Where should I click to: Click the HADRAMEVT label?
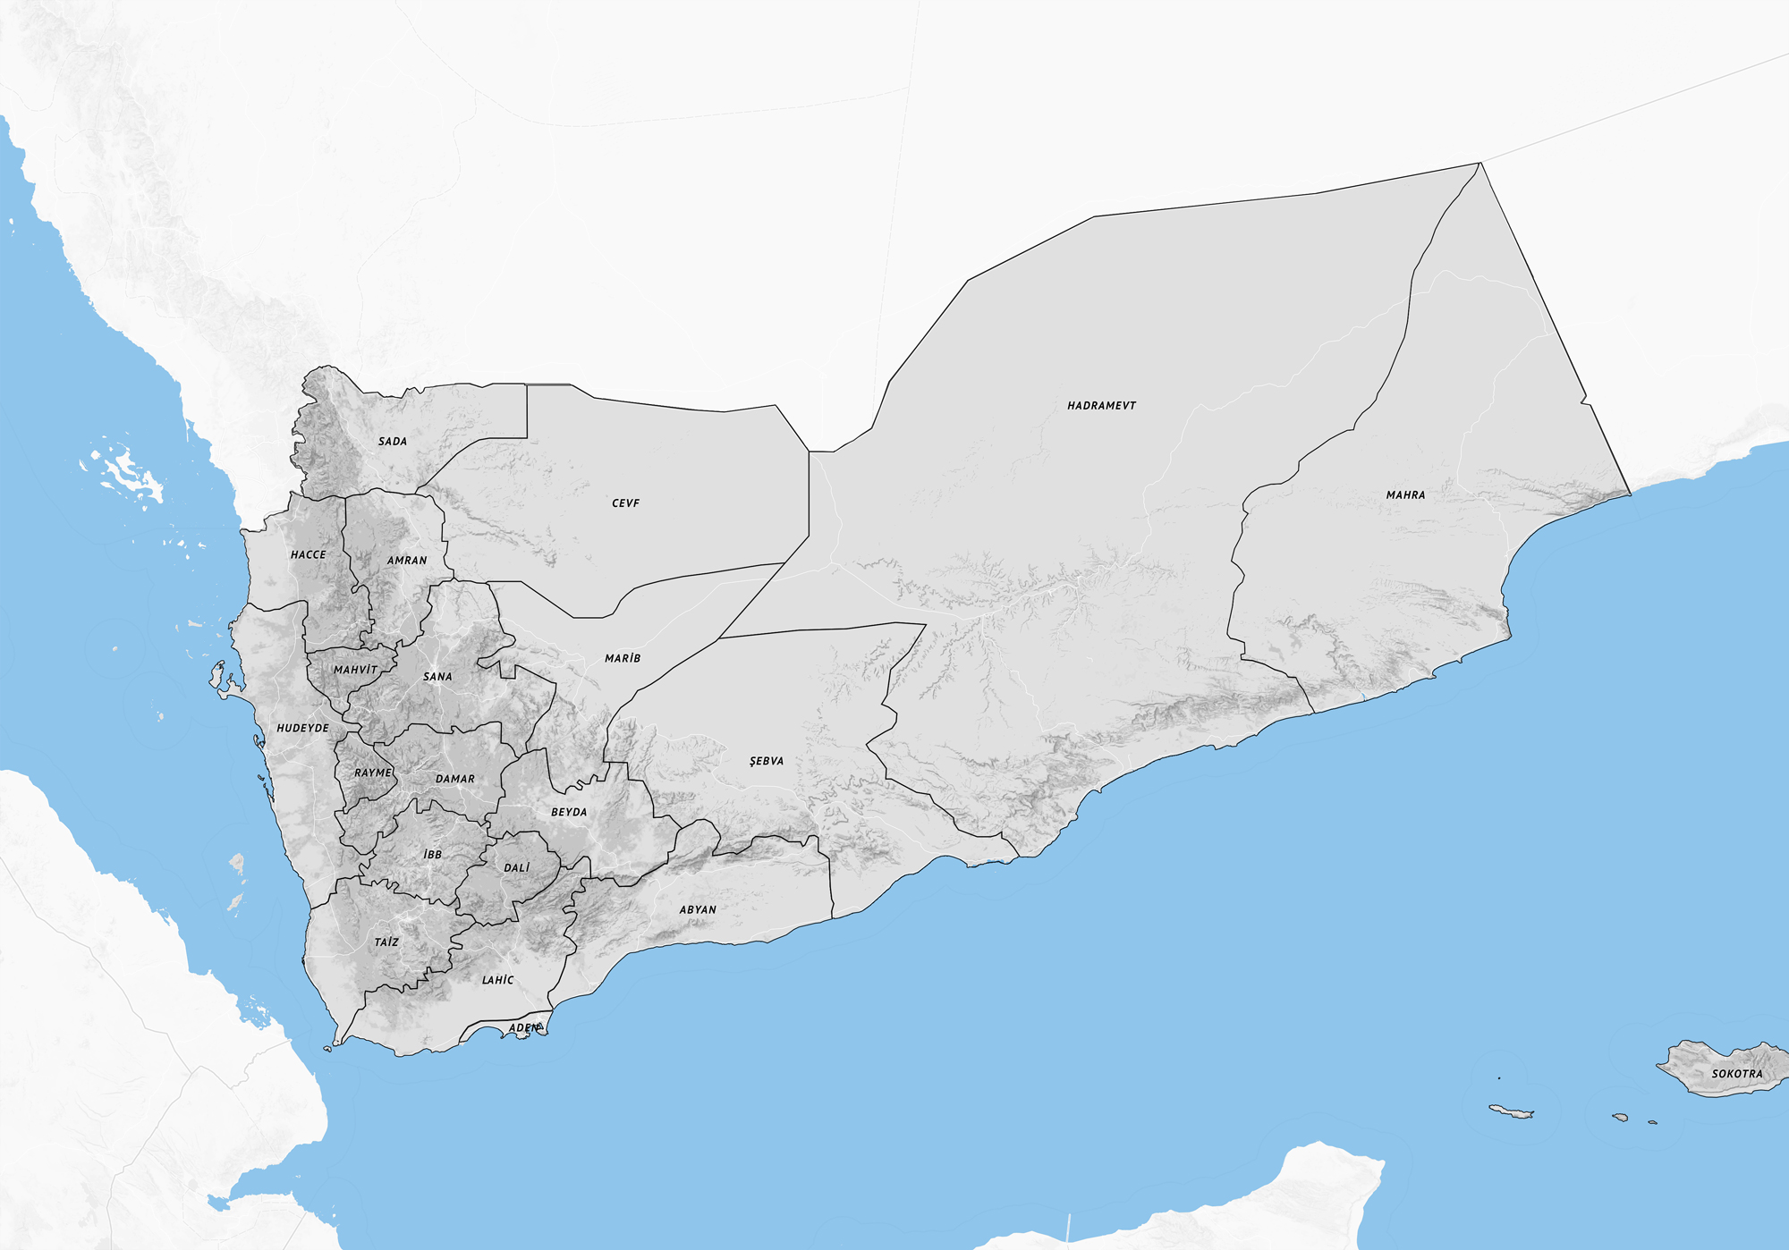(1101, 406)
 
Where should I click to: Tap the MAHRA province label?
(1405, 495)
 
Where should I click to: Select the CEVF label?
(625, 503)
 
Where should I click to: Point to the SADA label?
(393, 442)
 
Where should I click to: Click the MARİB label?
(623, 659)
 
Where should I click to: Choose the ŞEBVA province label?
(767, 762)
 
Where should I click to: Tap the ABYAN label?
(698, 910)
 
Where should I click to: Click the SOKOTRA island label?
(1737, 1074)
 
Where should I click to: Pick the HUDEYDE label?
(302, 729)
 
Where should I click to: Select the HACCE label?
(309, 555)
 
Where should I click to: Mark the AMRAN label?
(407, 561)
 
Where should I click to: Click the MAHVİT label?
(356, 670)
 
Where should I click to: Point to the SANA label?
(437, 677)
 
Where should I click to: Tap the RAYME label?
(373, 773)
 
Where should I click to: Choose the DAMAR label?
(455, 780)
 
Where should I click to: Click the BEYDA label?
(569, 813)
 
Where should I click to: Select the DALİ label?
(516, 868)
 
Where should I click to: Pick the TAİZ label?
(386, 942)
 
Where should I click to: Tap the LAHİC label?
(498, 981)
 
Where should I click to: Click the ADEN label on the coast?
(525, 1028)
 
